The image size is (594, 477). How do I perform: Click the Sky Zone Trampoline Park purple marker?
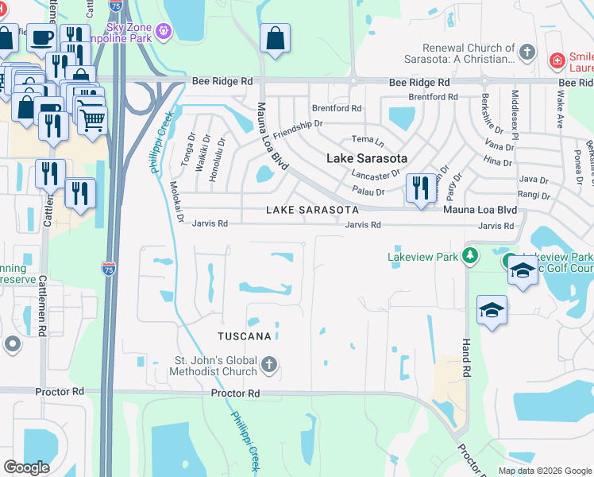tap(164, 31)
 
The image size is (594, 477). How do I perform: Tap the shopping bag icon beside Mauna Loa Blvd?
tap(275, 38)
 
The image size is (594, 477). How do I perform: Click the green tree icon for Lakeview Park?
tap(471, 256)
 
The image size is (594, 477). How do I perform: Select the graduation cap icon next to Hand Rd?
tap(492, 310)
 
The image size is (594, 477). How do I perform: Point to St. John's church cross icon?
tap(269, 366)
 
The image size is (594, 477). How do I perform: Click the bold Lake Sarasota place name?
tap(367, 158)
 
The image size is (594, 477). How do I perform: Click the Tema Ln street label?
tap(368, 141)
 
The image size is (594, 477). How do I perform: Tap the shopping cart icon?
tap(92, 120)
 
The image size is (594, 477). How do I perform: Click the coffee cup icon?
tap(41, 37)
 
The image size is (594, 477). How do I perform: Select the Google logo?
tap(27, 467)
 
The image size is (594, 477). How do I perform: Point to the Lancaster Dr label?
tap(376, 174)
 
